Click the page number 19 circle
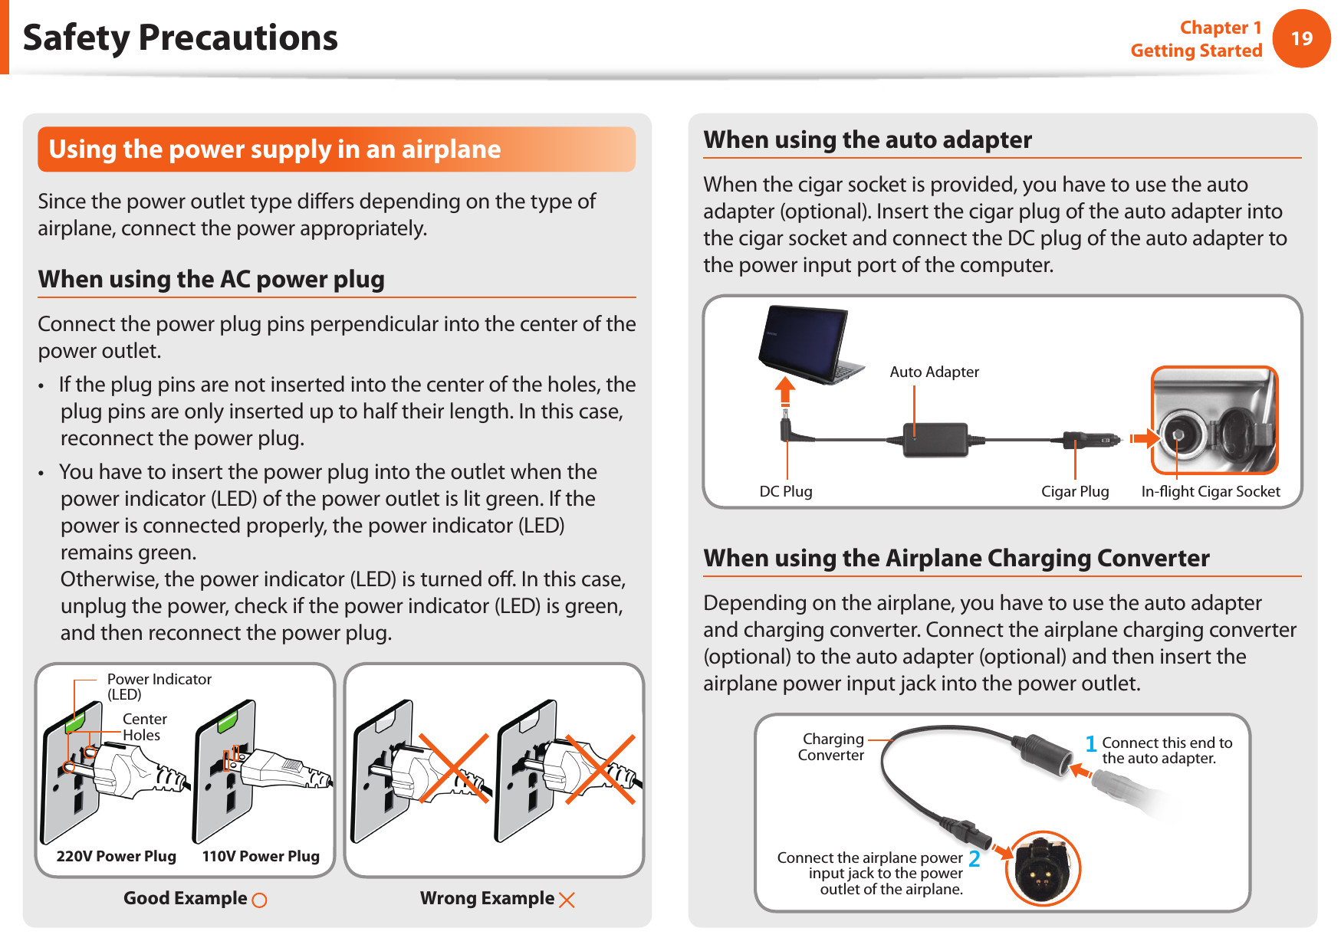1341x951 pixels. pyautogui.click(x=1301, y=38)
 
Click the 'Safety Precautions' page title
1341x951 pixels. pyautogui.click(x=180, y=38)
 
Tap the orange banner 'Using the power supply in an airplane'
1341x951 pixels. pyautogui.click(x=336, y=149)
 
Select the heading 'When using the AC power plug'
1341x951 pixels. pyautogui.click(x=212, y=280)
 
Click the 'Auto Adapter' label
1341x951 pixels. pyautogui.click(x=934, y=372)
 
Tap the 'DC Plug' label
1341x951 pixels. pyautogui.click(x=786, y=491)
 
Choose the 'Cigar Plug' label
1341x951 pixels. pyautogui.click(x=1075, y=491)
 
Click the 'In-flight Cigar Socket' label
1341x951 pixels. pyautogui.click(x=1211, y=491)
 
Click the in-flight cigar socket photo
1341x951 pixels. pyautogui.click(x=1214, y=421)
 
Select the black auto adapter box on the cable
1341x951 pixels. pyautogui.click(x=935, y=440)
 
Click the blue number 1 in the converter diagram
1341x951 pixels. pyautogui.click(x=1091, y=743)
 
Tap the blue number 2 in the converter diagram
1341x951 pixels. pyautogui.click(x=974, y=859)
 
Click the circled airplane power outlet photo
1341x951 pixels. pyautogui.click(x=1042, y=868)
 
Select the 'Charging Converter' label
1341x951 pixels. pyautogui.click(x=831, y=747)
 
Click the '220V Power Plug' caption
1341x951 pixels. pyautogui.click(x=117, y=856)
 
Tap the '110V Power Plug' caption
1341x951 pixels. pyautogui.click(x=261, y=856)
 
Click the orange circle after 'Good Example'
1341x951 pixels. pyautogui.click(x=260, y=900)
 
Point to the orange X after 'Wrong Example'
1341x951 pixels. pyautogui.click(x=567, y=900)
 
